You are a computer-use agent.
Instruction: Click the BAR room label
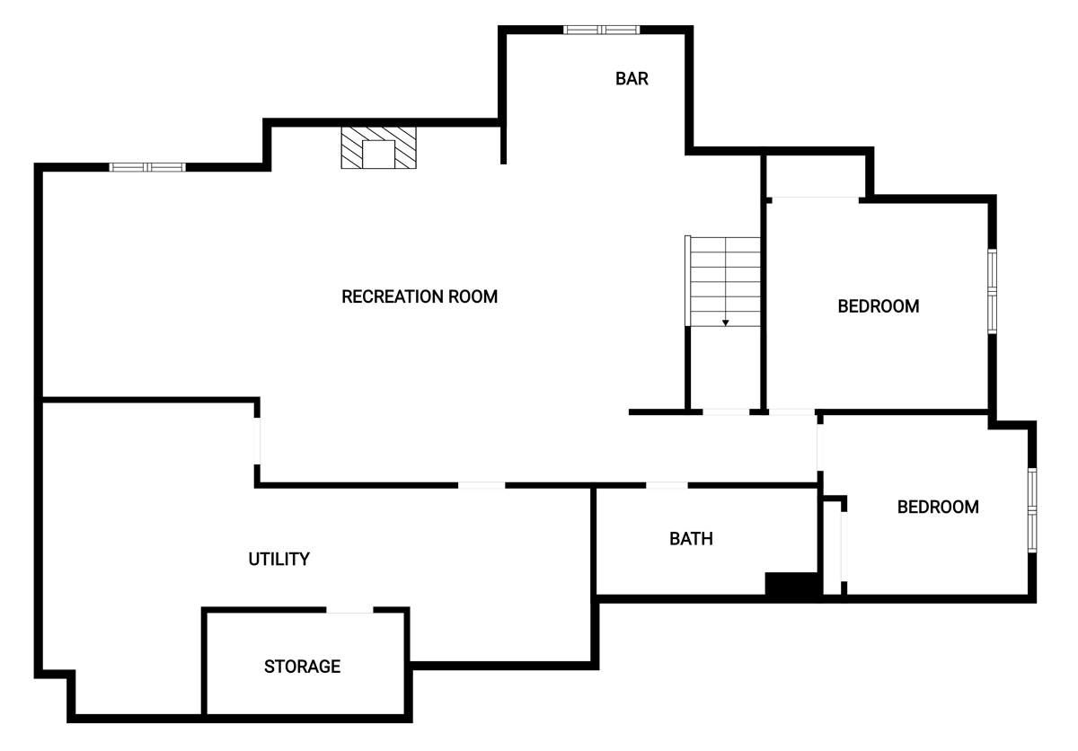point(632,78)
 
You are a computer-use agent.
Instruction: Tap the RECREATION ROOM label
point(420,296)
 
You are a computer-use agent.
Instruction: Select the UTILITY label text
point(278,559)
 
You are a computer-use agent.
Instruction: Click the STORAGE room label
point(302,667)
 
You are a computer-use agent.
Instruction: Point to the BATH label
point(691,538)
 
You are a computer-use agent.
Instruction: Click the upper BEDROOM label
point(879,306)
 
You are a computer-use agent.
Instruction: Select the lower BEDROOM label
point(938,507)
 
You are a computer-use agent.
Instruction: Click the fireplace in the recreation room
point(379,147)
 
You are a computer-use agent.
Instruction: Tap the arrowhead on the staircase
point(725,322)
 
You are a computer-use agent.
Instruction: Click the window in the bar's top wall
point(602,30)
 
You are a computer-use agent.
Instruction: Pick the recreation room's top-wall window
point(147,167)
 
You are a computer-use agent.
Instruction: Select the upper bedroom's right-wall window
point(992,291)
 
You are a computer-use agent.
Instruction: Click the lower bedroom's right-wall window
point(1032,510)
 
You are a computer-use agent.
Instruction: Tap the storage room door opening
point(349,610)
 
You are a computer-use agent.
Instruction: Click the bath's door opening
point(667,485)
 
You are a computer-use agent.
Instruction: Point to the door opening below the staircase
point(726,412)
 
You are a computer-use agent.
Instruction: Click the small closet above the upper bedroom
point(817,176)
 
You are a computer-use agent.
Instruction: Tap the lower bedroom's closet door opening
point(844,546)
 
